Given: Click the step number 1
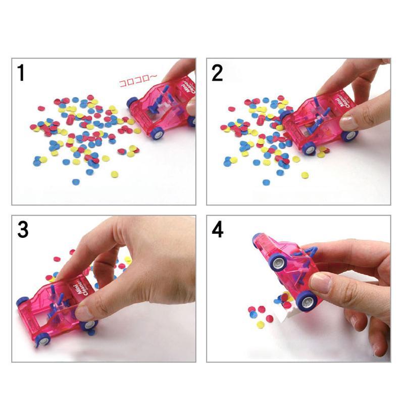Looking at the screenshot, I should pyautogui.click(x=21, y=73).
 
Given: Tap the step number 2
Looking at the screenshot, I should pyautogui.click(x=217, y=73).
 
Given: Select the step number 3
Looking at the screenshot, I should pyautogui.click(x=23, y=230).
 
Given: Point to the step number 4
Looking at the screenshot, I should pyautogui.click(x=218, y=230).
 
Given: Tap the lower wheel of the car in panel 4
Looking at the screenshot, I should pyautogui.click(x=306, y=301).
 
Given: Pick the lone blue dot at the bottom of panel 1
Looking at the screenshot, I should pyautogui.click(x=76, y=181).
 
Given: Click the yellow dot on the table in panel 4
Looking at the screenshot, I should pyautogui.click(x=260, y=324).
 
